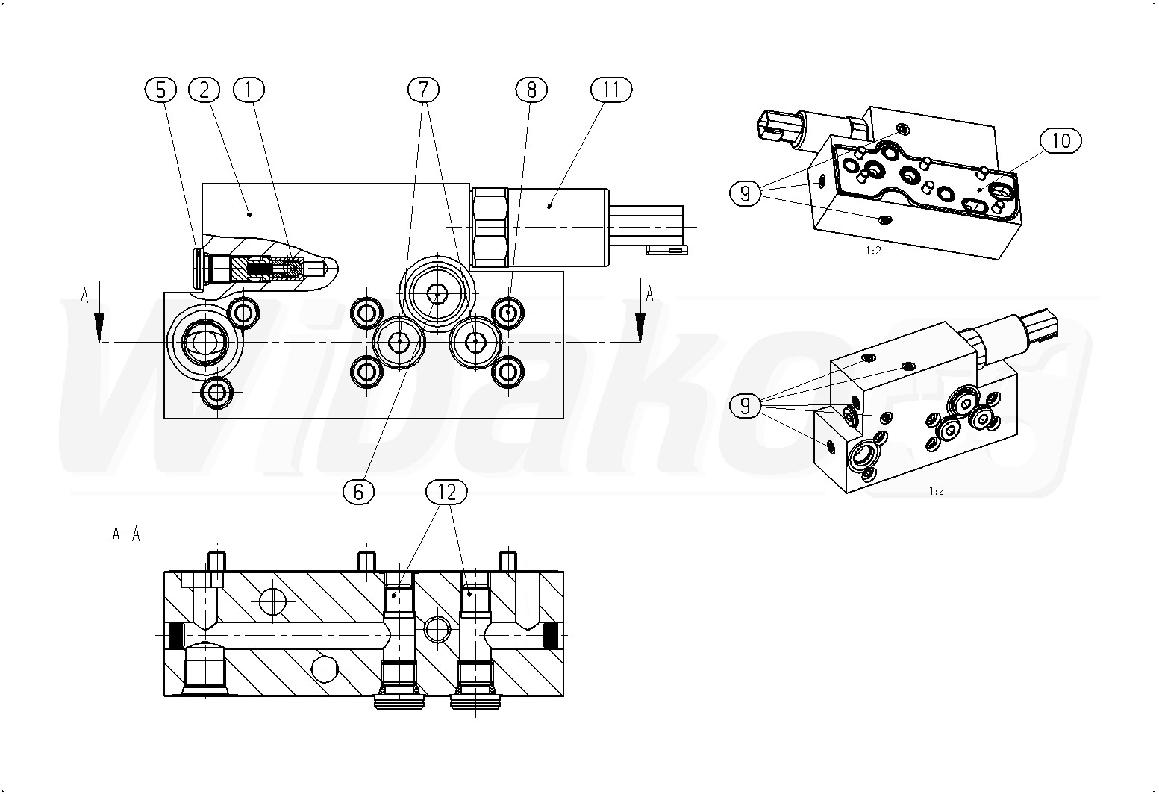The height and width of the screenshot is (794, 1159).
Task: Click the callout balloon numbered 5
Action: (160, 90)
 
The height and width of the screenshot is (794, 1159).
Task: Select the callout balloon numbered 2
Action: (204, 90)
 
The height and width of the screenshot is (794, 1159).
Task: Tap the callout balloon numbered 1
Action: (249, 90)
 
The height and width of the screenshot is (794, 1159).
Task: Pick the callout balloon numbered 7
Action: (423, 90)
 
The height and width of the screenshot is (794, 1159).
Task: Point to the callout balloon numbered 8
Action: (531, 90)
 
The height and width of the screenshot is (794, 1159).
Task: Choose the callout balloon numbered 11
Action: (611, 90)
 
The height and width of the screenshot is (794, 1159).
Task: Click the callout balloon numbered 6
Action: (358, 492)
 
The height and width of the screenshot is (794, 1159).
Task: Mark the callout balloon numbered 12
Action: (446, 492)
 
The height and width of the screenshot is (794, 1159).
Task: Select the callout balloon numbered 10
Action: (1060, 141)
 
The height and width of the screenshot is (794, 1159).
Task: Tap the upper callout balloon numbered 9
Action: (745, 193)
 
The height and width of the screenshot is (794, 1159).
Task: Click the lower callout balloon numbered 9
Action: (745, 406)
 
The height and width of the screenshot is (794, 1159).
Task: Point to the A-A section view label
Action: (126, 534)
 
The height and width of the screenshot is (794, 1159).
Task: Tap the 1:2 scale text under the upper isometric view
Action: (873, 251)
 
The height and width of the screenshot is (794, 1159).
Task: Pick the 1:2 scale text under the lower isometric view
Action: (937, 491)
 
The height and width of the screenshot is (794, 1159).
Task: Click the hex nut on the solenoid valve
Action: (490, 228)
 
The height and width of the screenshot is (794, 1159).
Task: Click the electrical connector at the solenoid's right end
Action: (649, 229)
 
